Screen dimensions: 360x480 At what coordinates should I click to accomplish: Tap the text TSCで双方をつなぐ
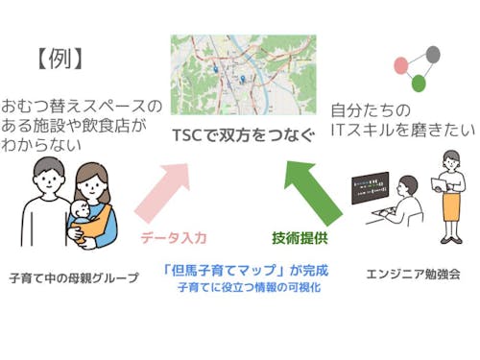coord(244,136)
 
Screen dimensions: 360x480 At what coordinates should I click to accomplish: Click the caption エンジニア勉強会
coord(413,274)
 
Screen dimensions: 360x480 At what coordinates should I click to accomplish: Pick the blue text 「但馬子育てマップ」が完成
coord(243,269)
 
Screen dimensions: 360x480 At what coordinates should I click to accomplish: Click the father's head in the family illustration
coord(45,178)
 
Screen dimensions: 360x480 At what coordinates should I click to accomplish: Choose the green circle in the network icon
coord(419,84)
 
